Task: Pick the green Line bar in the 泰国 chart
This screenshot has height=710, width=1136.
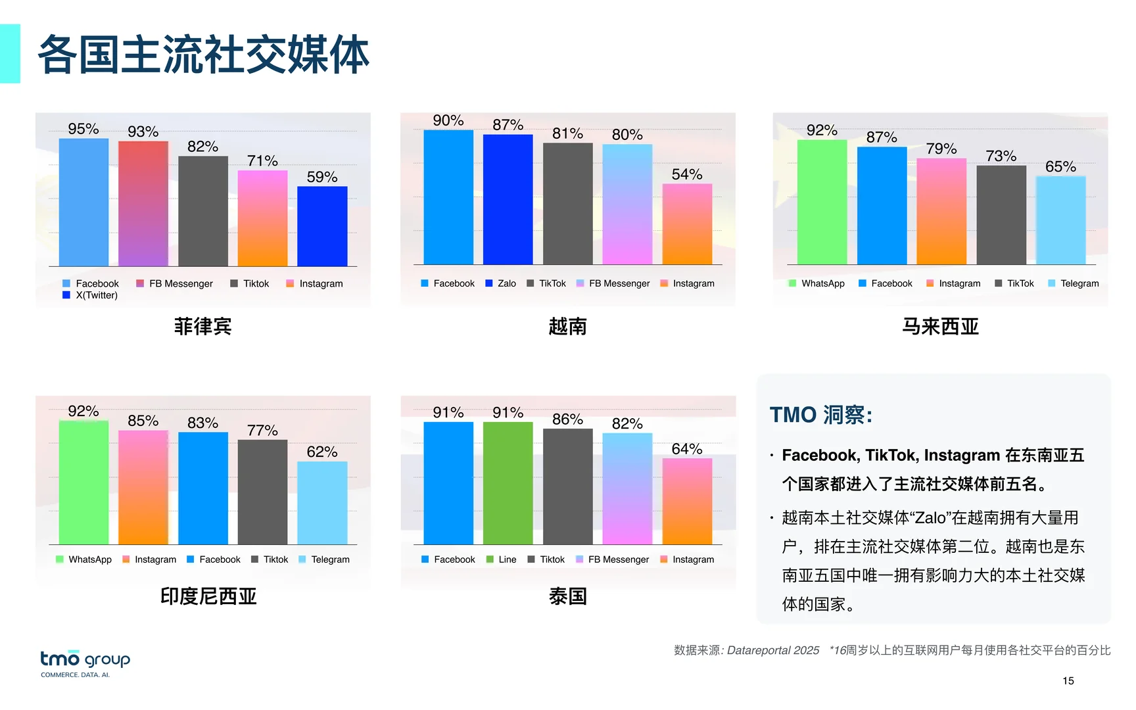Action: (508, 483)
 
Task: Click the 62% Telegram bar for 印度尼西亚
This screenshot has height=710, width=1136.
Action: (322, 503)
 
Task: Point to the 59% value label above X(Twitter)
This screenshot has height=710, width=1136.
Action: (322, 177)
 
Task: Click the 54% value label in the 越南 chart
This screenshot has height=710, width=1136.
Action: (687, 175)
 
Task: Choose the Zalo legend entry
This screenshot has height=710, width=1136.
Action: (501, 283)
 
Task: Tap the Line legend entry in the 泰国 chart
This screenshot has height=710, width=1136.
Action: (502, 559)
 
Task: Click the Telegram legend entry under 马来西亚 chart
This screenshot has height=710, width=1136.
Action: (1074, 283)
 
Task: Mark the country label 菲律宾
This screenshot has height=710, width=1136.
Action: (202, 326)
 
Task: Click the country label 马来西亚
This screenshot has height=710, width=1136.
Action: (940, 326)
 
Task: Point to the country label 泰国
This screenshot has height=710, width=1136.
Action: (567, 596)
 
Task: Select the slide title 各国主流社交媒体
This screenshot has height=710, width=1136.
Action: (204, 55)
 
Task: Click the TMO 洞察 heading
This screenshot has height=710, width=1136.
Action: (821, 415)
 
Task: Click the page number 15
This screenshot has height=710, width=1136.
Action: (1068, 681)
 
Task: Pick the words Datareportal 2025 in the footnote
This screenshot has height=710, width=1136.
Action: (773, 650)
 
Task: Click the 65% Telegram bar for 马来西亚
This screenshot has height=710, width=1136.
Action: (1060, 220)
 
